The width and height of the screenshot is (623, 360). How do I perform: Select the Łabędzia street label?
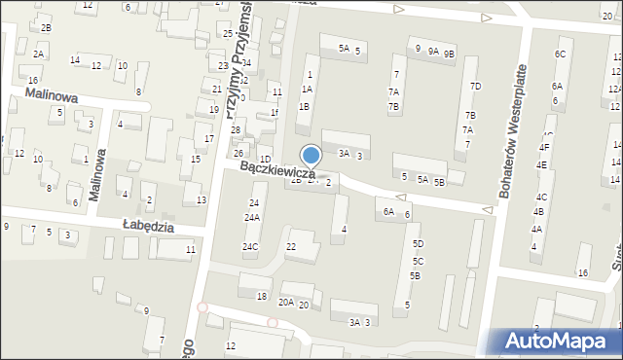[x=148, y=226]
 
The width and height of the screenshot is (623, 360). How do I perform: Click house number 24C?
[x=250, y=247]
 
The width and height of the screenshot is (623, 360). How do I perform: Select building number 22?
[x=290, y=247]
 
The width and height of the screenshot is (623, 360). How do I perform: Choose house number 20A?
[x=285, y=303]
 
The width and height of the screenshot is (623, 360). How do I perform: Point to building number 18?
[x=261, y=296]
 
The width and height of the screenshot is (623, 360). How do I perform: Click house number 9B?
[x=449, y=54]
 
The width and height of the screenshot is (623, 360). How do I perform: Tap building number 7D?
[x=475, y=87]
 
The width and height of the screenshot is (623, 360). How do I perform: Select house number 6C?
[x=560, y=54]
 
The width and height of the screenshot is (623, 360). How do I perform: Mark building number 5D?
[x=417, y=244]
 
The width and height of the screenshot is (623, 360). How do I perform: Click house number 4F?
[x=544, y=148]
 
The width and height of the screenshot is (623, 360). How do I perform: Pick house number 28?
[x=235, y=129]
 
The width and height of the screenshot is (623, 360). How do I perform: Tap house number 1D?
[x=265, y=159]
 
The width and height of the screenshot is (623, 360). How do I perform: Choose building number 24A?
[x=252, y=218]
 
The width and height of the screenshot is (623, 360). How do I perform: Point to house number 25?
[x=227, y=34]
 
